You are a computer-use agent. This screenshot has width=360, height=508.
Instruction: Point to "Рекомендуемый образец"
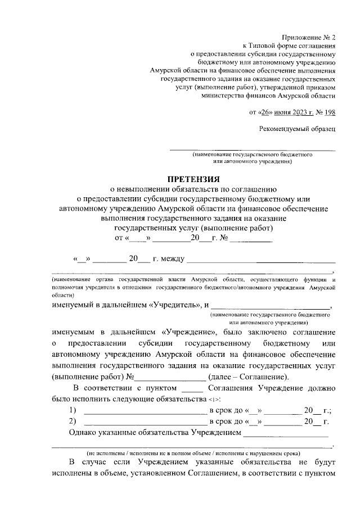click(x=297, y=129)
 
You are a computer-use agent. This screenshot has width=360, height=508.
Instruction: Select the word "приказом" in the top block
click(x=319, y=88)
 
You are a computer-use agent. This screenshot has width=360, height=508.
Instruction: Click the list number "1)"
click(x=73, y=410)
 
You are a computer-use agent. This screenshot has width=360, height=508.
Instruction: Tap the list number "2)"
click(x=73, y=421)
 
